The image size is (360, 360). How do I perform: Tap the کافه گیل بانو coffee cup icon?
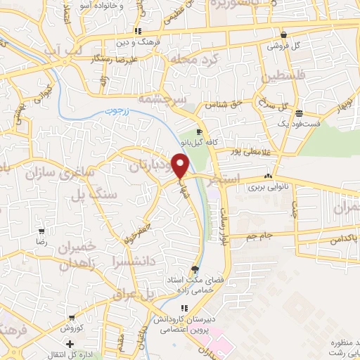coord(199,131)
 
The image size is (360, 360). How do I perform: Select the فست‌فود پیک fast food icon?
coord(300,113)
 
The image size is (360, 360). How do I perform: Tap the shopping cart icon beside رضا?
coord(42,231)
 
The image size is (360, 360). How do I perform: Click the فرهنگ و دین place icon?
coord(138,31)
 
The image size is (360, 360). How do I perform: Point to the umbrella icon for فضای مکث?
coord(195,269)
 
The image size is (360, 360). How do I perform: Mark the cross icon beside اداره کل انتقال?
coord(70,344)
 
